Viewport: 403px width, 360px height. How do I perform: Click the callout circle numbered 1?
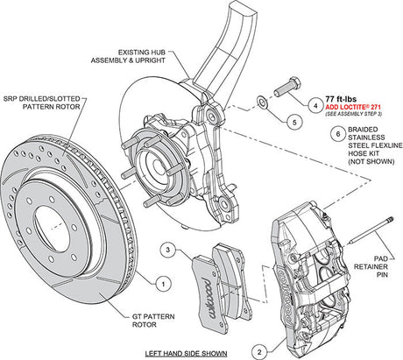coord(161,284)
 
